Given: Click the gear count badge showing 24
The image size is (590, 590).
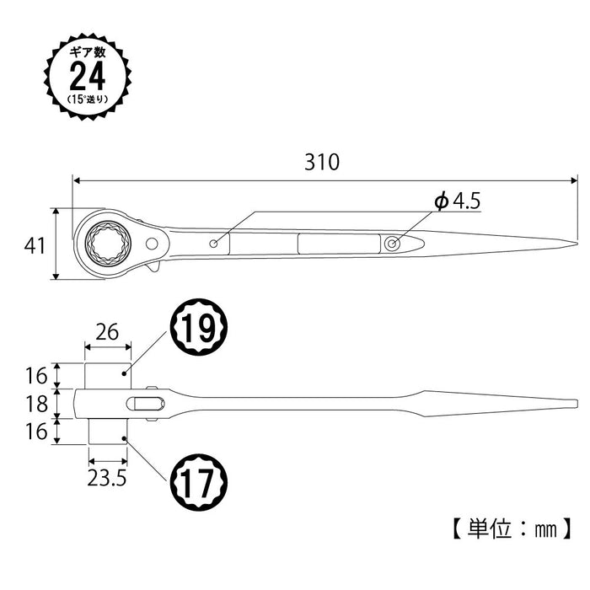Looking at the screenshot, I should coord(87,74).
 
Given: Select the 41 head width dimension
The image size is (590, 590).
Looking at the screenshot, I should coord(34,245).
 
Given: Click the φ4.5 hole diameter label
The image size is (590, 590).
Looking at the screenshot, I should coord(455,202).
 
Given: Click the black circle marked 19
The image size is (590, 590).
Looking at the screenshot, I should coord(200,329).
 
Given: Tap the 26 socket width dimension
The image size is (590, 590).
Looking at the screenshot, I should coord(107,332).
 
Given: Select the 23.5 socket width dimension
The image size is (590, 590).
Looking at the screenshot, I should coord(107,477).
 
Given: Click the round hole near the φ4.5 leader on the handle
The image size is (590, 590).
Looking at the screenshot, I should coord(393,243).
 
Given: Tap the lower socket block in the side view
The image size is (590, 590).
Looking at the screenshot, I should coord(107,432).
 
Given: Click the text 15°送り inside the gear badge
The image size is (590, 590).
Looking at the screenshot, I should coord(87,99).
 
